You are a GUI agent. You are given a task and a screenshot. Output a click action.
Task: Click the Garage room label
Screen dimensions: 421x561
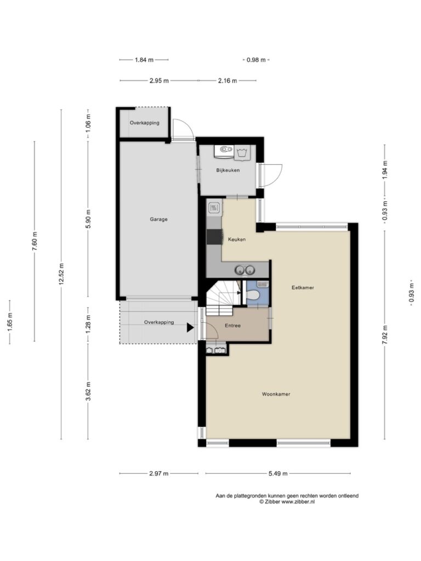point(158,219)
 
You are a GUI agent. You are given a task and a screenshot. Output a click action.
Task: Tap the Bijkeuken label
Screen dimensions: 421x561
point(227,170)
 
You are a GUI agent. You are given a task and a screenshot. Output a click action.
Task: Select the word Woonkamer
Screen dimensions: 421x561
point(276,394)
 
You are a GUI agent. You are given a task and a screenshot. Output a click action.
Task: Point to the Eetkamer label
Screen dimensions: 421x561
point(303,287)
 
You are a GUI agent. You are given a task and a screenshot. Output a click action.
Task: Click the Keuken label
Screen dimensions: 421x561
point(237,239)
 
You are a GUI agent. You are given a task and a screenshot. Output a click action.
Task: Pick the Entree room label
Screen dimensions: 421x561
point(232,325)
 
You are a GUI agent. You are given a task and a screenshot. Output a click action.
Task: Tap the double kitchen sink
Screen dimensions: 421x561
point(245,270)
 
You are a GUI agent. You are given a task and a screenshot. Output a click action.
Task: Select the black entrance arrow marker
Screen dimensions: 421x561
point(190,328)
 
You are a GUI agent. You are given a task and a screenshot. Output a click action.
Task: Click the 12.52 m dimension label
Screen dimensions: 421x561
point(61,274)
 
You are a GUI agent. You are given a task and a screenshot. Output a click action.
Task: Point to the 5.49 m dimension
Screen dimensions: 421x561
point(278,474)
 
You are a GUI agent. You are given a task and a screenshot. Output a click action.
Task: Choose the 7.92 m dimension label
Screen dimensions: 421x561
point(385,335)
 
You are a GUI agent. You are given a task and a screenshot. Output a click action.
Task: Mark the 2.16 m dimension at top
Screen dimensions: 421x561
point(227,81)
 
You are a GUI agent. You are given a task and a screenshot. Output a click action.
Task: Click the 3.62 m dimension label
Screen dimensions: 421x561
point(88,391)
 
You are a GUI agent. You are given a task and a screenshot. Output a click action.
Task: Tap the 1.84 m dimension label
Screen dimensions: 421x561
point(144,60)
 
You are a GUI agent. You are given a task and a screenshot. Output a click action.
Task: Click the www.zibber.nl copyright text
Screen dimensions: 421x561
point(287,502)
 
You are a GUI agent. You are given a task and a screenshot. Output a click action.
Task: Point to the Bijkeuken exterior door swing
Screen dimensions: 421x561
point(271,175)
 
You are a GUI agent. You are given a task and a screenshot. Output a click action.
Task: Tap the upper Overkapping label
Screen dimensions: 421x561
point(144,123)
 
